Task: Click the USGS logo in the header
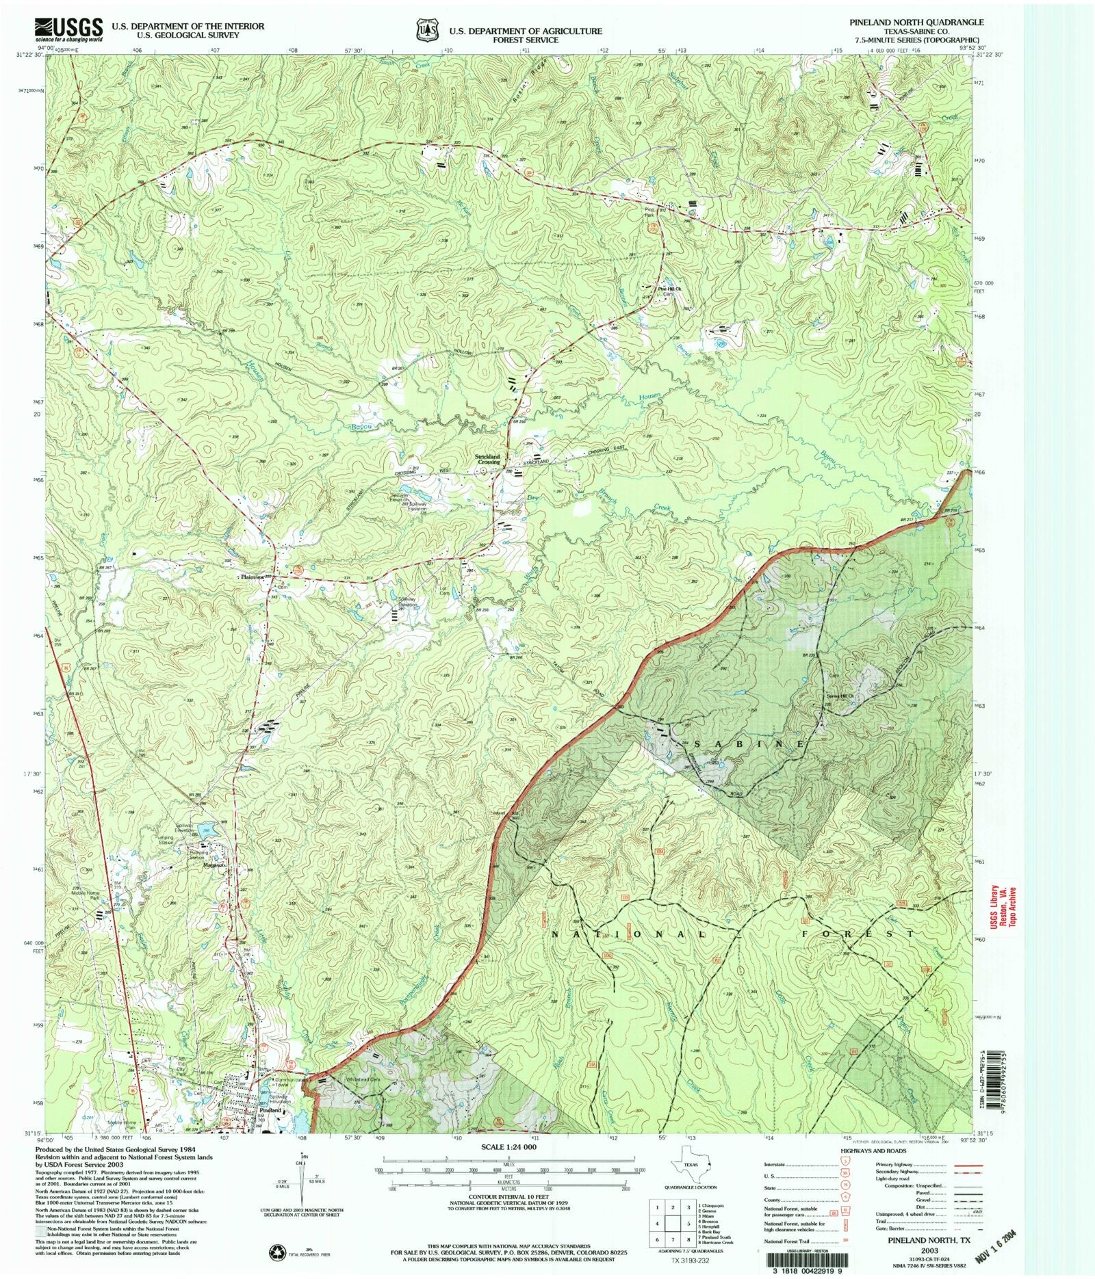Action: click(68, 30)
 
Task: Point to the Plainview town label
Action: click(252, 577)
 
